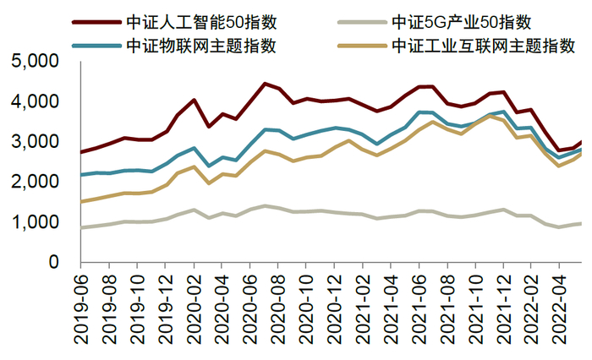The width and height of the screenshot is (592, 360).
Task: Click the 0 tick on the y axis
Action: tap(52, 263)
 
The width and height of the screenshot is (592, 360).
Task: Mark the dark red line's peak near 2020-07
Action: tap(265, 84)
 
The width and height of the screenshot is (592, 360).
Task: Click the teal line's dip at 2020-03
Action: tap(209, 166)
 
